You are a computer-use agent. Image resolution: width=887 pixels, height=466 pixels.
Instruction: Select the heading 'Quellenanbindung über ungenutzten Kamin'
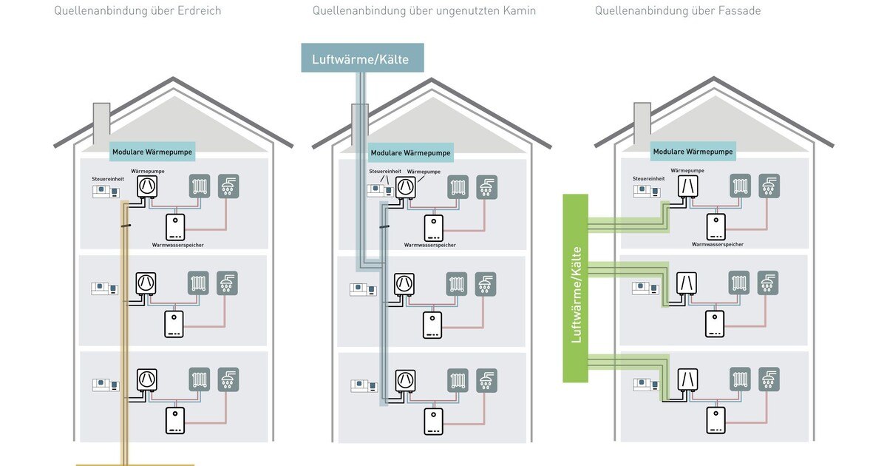click(x=424, y=10)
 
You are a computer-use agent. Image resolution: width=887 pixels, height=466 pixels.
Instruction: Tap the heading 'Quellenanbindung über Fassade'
click(x=677, y=10)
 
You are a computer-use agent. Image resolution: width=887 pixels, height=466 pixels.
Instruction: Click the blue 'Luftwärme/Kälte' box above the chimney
click(x=362, y=58)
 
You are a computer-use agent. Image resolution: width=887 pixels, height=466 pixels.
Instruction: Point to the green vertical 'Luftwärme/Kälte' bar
click(x=575, y=288)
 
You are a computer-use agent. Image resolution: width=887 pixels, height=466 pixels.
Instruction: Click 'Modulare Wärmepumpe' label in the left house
click(x=153, y=152)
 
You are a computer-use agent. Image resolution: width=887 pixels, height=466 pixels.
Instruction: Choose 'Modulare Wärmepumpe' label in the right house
click(x=693, y=152)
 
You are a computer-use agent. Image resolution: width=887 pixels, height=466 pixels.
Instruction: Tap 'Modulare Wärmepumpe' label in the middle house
click(x=411, y=153)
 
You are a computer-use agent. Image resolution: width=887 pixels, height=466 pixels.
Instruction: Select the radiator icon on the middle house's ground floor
click(x=458, y=379)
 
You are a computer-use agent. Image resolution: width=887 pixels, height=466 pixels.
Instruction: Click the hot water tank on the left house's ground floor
click(x=174, y=420)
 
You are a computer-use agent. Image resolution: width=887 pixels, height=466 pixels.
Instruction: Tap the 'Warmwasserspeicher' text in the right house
click(x=717, y=244)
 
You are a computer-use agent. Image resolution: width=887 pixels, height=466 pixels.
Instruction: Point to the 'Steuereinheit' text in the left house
click(x=108, y=178)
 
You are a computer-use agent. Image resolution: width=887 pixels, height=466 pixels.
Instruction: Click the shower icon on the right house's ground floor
click(x=769, y=379)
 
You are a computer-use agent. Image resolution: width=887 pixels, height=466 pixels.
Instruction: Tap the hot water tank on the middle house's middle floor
click(x=432, y=325)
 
